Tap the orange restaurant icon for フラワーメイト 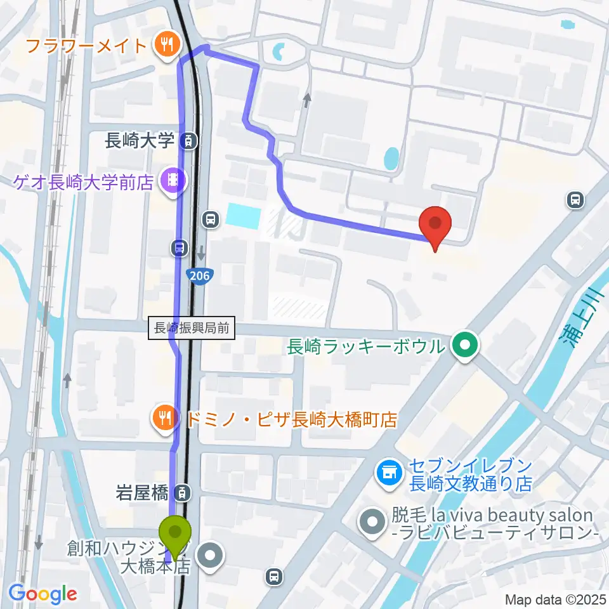[x=167, y=45]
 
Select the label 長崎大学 [x=140, y=140]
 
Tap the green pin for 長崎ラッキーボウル [x=466, y=346]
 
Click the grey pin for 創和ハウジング [x=211, y=556]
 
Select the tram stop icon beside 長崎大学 [x=188, y=140]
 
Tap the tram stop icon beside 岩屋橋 [x=183, y=492]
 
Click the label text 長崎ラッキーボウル [x=366, y=347]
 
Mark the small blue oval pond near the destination [x=391, y=159]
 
